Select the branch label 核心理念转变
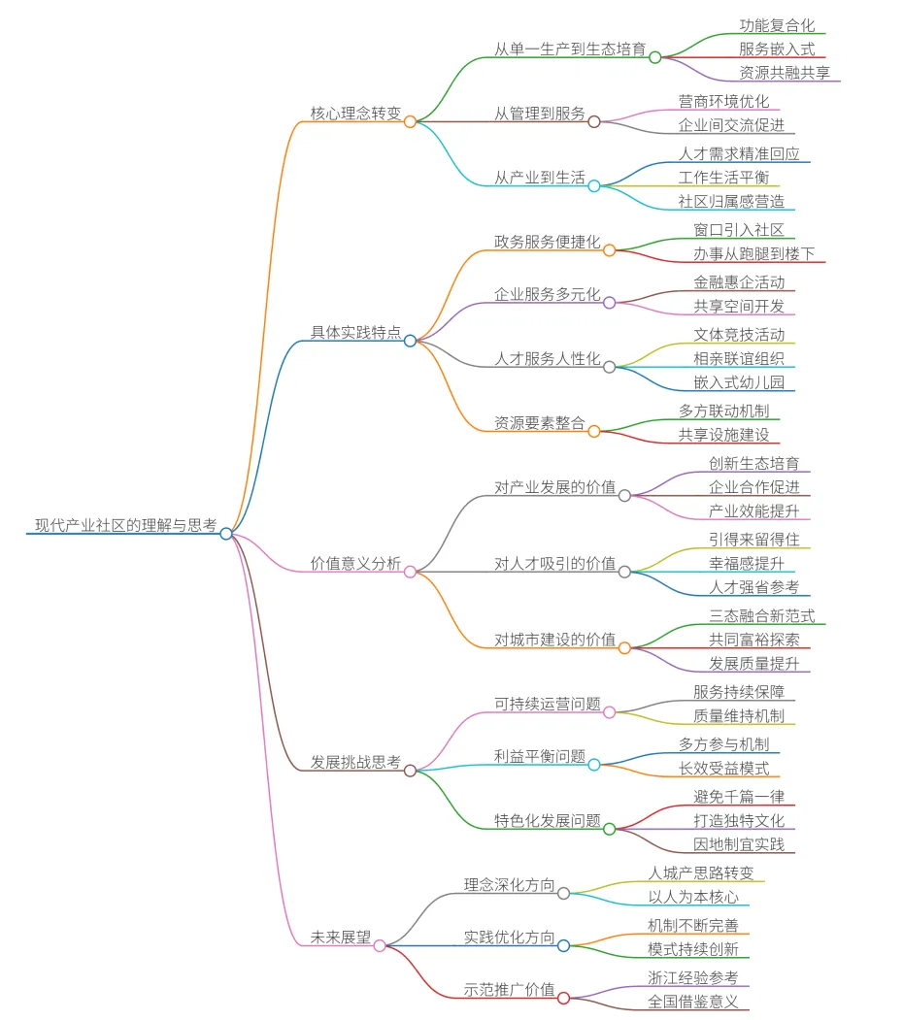coord(355,113)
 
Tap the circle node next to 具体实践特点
coord(410,341)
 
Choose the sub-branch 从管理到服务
coord(540,114)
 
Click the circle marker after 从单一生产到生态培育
coord(654,57)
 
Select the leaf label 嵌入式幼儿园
coord(739,381)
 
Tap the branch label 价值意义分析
coord(355,563)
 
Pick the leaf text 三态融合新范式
coord(762,615)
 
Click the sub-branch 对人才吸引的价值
coord(555,563)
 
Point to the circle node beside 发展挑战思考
coord(410,771)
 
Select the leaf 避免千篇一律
coord(739,796)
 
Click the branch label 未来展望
coord(340,938)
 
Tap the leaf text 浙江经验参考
coord(693,977)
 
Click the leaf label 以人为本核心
coord(693,897)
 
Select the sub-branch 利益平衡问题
coord(540,756)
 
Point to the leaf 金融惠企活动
coord(739,282)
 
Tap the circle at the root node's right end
coord(225,533)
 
